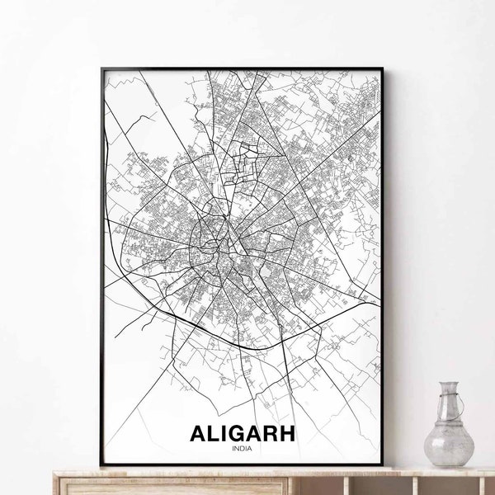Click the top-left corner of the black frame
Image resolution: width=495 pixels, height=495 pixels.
click(x=101, y=68)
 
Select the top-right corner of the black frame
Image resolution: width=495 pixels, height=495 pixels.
click(x=389, y=68)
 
